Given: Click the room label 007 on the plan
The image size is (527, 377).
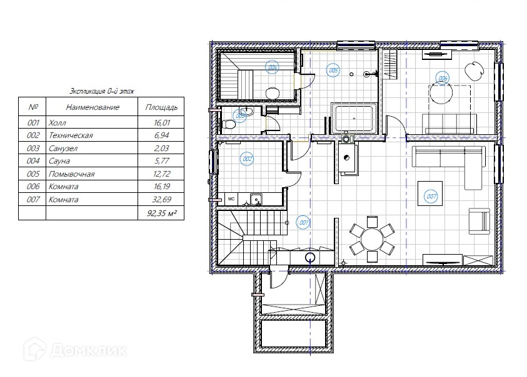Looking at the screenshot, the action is click(x=431, y=196).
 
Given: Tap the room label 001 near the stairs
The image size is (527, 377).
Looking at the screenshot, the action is click(x=303, y=222).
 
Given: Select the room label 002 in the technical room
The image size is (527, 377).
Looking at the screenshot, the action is click(x=247, y=159).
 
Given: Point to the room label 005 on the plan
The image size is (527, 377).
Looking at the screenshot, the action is click(x=333, y=70).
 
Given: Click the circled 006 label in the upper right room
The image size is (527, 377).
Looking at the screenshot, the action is click(x=443, y=79).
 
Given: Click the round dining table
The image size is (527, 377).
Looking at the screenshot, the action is click(x=372, y=239).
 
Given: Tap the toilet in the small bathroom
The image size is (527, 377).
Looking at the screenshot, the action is click(x=228, y=125).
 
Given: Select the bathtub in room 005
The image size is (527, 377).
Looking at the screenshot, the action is click(x=354, y=119).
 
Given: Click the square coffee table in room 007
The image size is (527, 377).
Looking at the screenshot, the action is click(x=430, y=193).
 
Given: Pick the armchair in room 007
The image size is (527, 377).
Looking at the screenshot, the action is click(x=479, y=221).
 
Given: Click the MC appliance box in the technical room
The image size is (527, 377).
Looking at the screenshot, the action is click(x=231, y=198).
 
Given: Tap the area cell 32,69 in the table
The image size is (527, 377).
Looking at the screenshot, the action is click(x=162, y=199).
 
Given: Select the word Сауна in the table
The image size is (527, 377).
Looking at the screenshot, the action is click(x=59, y=161).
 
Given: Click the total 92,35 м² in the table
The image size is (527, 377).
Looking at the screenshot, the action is click(x=162, y=213).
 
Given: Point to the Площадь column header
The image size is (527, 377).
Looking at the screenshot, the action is click(x=161, y=107).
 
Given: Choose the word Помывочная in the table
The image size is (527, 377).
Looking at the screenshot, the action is click(x=72, y=174).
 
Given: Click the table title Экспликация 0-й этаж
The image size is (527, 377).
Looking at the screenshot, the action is click(x=102, y=91).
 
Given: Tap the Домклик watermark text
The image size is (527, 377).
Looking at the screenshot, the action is click(x=89, y=351).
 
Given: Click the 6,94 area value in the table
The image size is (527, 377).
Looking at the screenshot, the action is click(x=162, y=135).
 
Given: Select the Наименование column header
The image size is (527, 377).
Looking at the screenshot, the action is click(x=93, y=107).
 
